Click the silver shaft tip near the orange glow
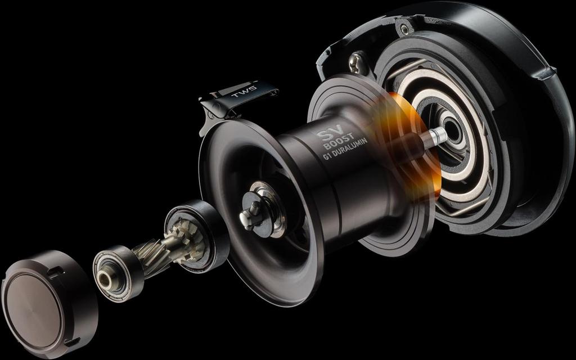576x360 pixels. pyautogui.click(x=438, y=135)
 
